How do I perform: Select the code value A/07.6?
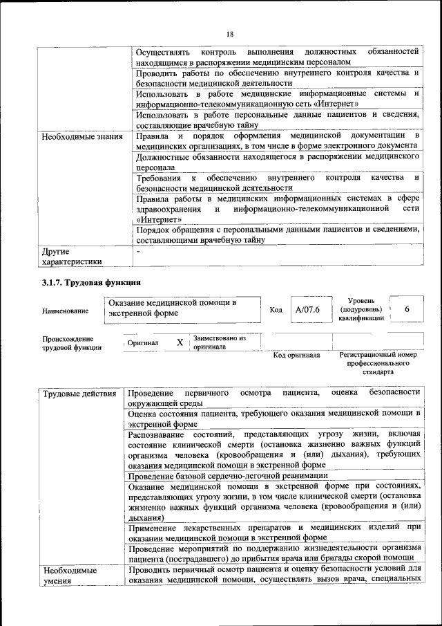[x=307, y=309]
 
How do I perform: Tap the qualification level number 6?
[x=407, y=309]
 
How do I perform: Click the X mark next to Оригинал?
[x=180, y=342]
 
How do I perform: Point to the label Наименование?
[x=65, y=311]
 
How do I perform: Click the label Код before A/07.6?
[x=276, y=310]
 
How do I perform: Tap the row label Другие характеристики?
[x=71, y=256]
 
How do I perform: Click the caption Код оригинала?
[x=296, y=356]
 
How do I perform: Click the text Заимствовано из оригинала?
[x=219, y=342]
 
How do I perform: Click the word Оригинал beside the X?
[x=144, y=343]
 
